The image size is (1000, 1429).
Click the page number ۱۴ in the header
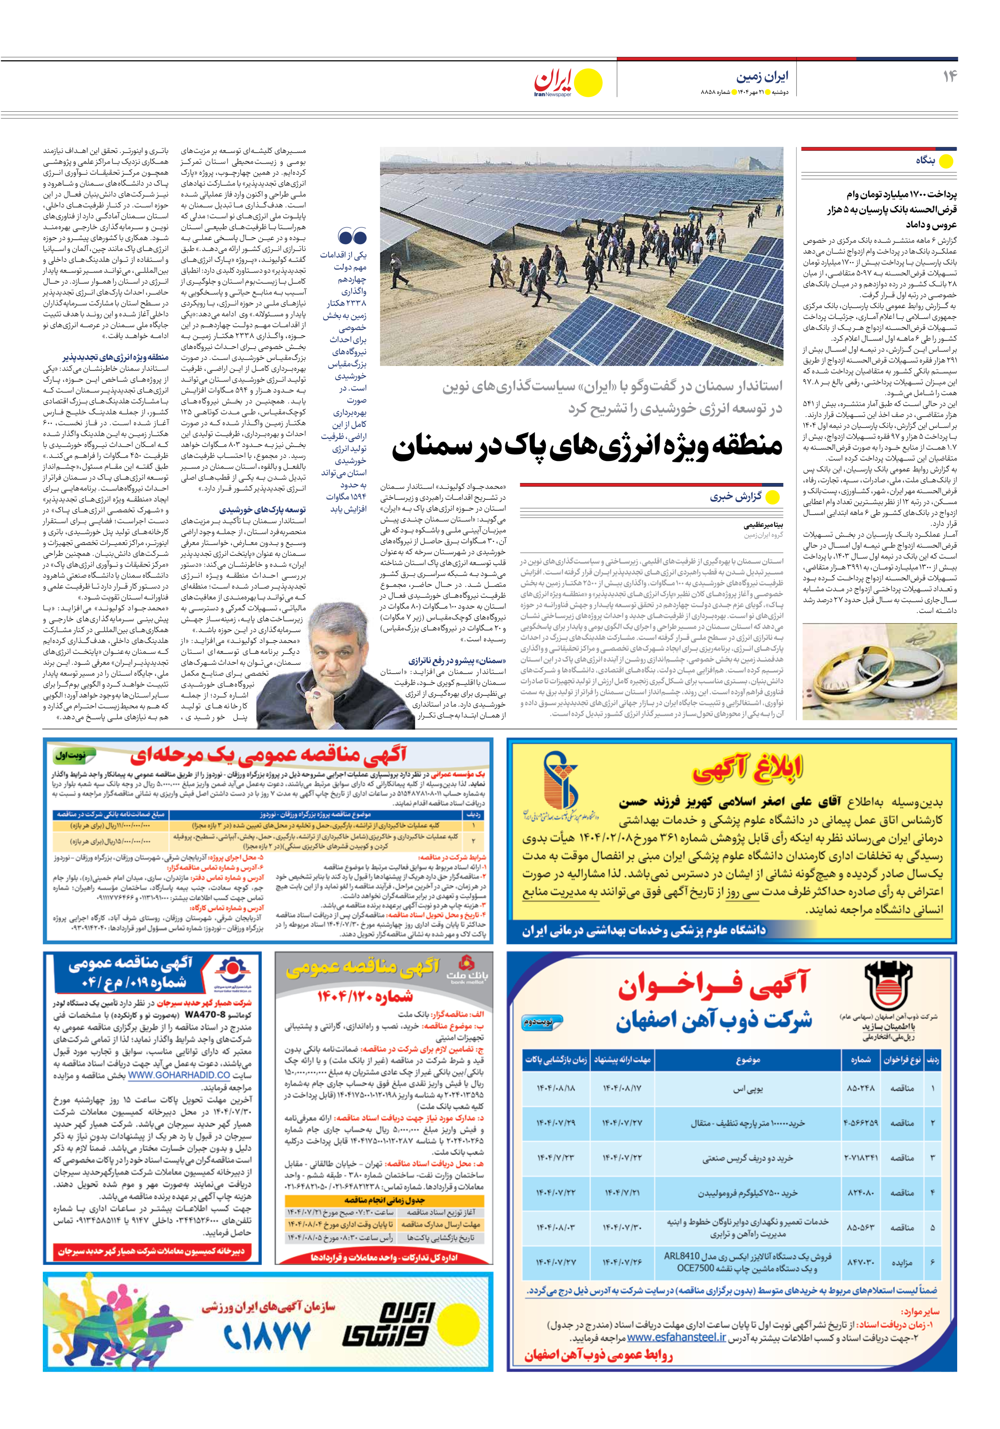tap(949, 76)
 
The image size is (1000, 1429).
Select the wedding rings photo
tap(879, 673)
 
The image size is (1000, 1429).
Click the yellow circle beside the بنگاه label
tap(946, 161)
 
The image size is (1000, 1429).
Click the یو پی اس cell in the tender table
tap(747, 1088)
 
